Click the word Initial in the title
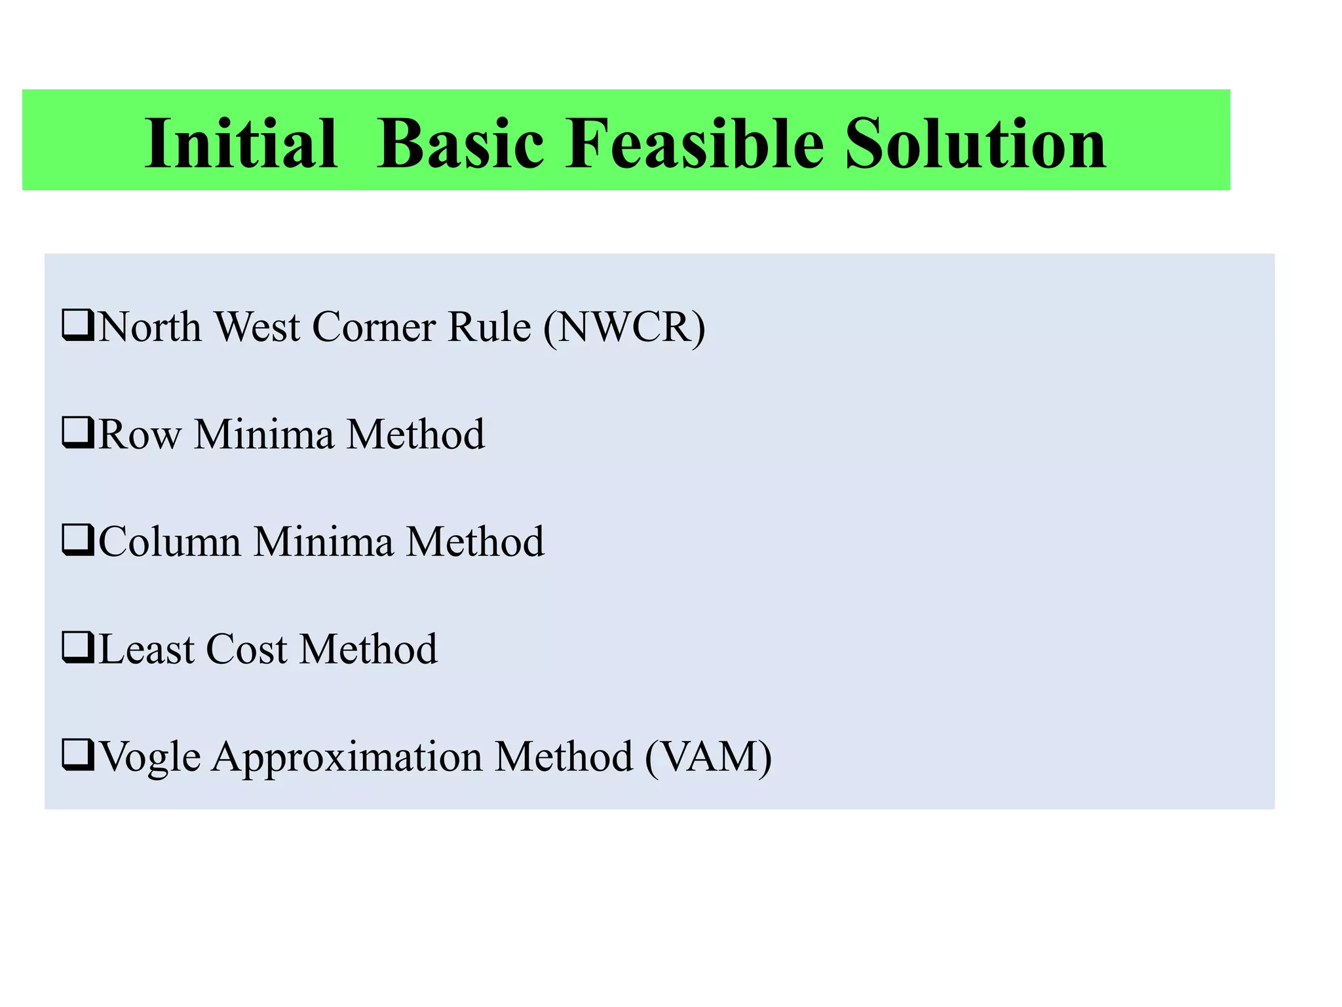pyautogui.click(x=240, y=143)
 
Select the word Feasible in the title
pyautogui.click(x=694, y=143)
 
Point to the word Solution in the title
pyautogui.click(x=975, y=143)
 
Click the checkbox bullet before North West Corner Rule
pyautogui.click(x=78, y=325)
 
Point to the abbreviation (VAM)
pyautogui.click(x=708, y=757)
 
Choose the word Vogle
pyautogui.click(x=150, y=758)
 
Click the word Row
pyautogui.click(x=140, y=435)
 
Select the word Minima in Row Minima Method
pyautogui.click(x=263, y=435)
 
